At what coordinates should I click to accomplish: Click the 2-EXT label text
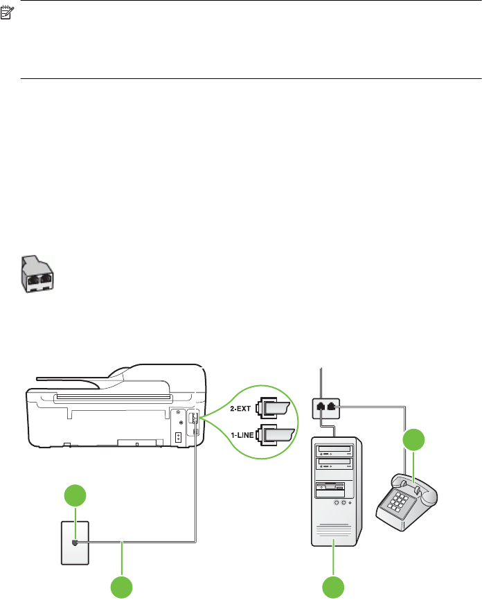[239, 409]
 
